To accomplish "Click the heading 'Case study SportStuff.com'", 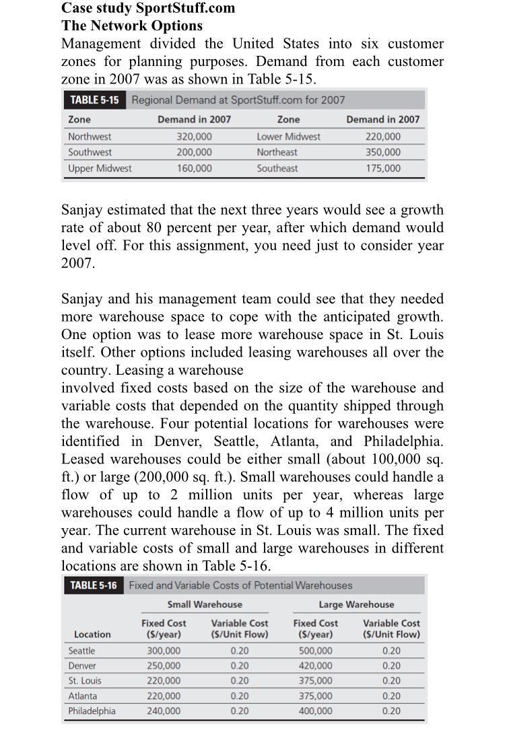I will [148, 8].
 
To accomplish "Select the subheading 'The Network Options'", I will [131, 26].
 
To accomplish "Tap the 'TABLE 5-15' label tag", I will [94, 100].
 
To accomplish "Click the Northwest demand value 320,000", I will [194, 137].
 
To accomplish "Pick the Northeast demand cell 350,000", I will [382, 153].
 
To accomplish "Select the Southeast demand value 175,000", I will [382, 169].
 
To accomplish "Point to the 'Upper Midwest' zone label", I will [100, 169].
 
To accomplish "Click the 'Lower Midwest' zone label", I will [288, 137].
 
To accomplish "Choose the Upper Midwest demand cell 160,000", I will [194, 169].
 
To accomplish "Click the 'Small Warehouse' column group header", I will [205, 605].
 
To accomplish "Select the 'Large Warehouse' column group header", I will [356, 605].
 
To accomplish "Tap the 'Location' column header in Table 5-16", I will [92, 634].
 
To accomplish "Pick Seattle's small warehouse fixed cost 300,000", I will [164, 651].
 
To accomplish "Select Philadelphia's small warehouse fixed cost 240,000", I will [164, 711].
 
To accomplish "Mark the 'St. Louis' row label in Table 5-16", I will [85, 681].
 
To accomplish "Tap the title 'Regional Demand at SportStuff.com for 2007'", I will [238, 100].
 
